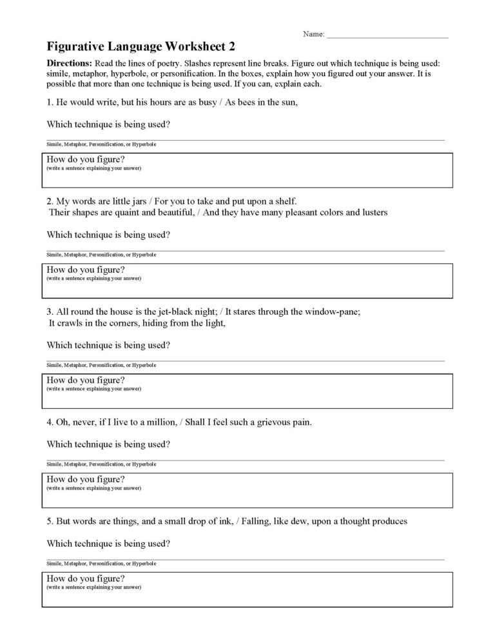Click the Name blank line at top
387,36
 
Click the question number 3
50,311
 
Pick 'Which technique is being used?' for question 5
109,544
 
